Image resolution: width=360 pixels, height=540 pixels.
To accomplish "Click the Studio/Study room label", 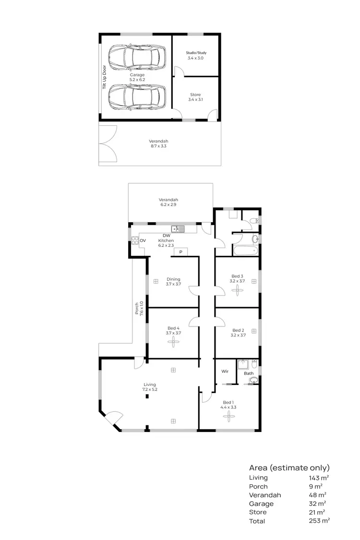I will tap(196, 55).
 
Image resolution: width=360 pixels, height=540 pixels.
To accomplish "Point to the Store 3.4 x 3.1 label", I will tap(195, 97).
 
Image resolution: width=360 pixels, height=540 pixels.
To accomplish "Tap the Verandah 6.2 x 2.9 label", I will tap(168, 202).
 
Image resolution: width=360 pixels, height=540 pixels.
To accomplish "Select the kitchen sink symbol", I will tap(178, 229).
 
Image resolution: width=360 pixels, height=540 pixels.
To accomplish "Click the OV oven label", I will tap(143, 240).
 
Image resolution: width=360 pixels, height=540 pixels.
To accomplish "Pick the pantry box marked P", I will tap(181, 252).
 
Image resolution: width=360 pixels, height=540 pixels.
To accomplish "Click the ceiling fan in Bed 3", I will tap(237, 294).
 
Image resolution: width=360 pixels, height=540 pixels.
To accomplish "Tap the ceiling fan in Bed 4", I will tap(173, 341).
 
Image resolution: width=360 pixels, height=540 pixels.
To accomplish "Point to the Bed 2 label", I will tap(238, 333).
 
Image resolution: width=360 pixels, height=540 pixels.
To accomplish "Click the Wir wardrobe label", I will tap(225, 372).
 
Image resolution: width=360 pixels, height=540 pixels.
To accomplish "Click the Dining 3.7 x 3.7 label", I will tap(173, 282).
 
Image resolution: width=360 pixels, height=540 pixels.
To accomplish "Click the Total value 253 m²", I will tap(319, 521).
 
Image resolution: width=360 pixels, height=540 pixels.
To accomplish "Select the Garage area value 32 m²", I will tap(318, 504).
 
